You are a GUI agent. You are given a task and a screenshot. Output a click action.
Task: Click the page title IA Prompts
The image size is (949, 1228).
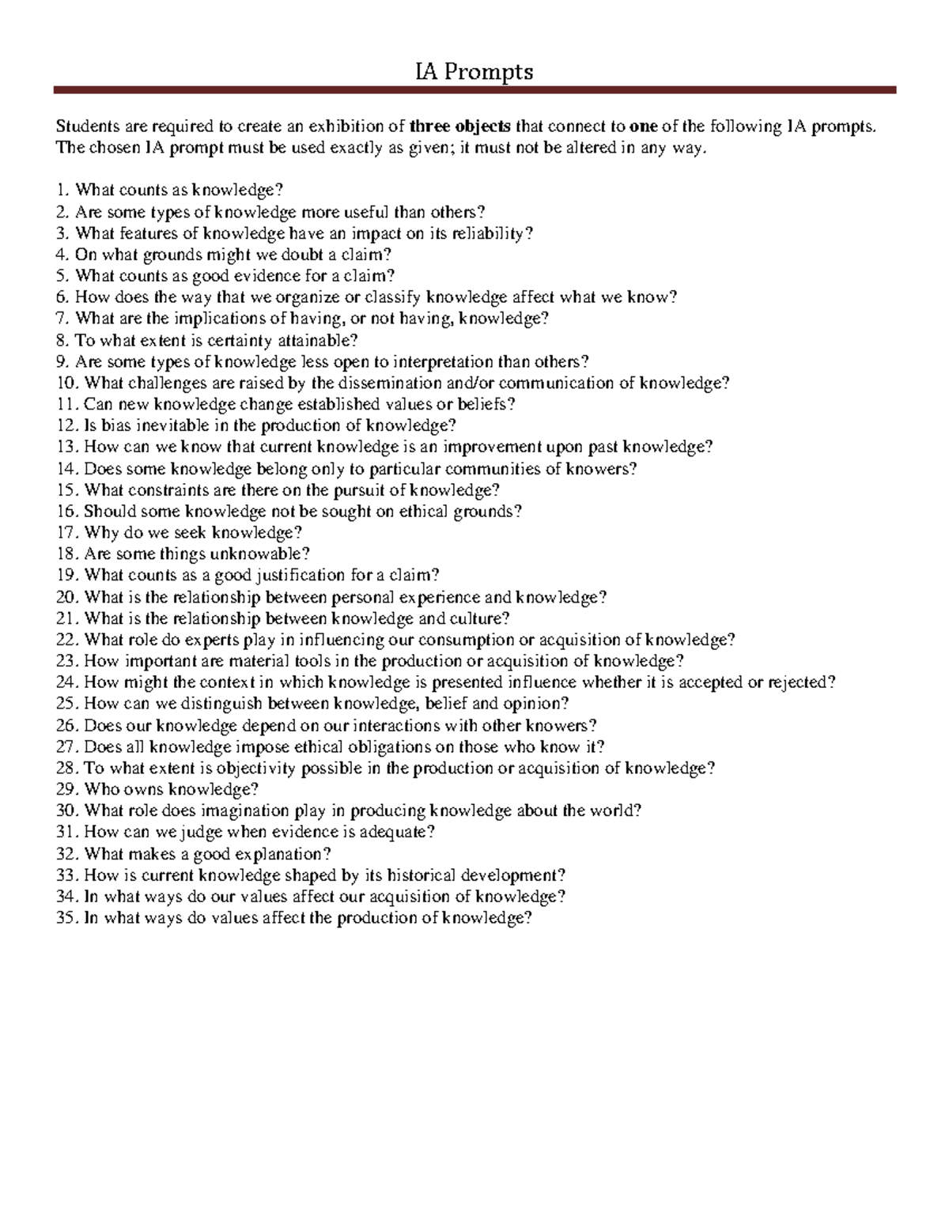pos(475,72)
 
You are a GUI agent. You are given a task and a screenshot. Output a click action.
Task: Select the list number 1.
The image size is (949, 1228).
pos(61,191)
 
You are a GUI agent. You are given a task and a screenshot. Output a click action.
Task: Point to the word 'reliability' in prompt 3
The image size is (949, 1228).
pos(483,233)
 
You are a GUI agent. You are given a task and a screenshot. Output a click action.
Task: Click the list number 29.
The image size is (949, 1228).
pos(67,789)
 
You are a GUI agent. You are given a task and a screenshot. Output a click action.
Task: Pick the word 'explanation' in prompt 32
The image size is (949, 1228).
pos(285,853)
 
